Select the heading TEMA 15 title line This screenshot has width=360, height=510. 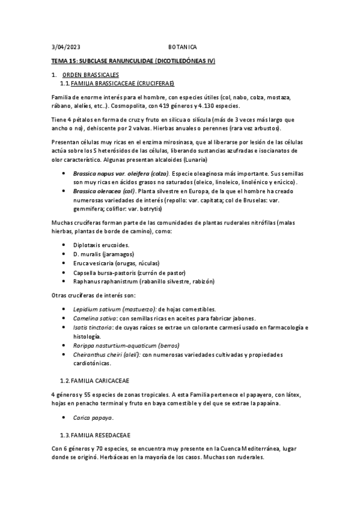click(133, 61)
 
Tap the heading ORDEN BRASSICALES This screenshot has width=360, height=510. click(90, 75)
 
